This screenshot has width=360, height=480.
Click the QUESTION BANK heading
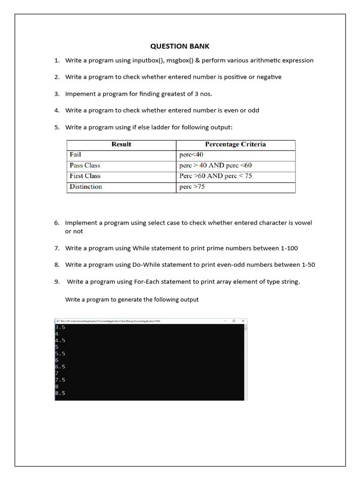pos(180,46)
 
